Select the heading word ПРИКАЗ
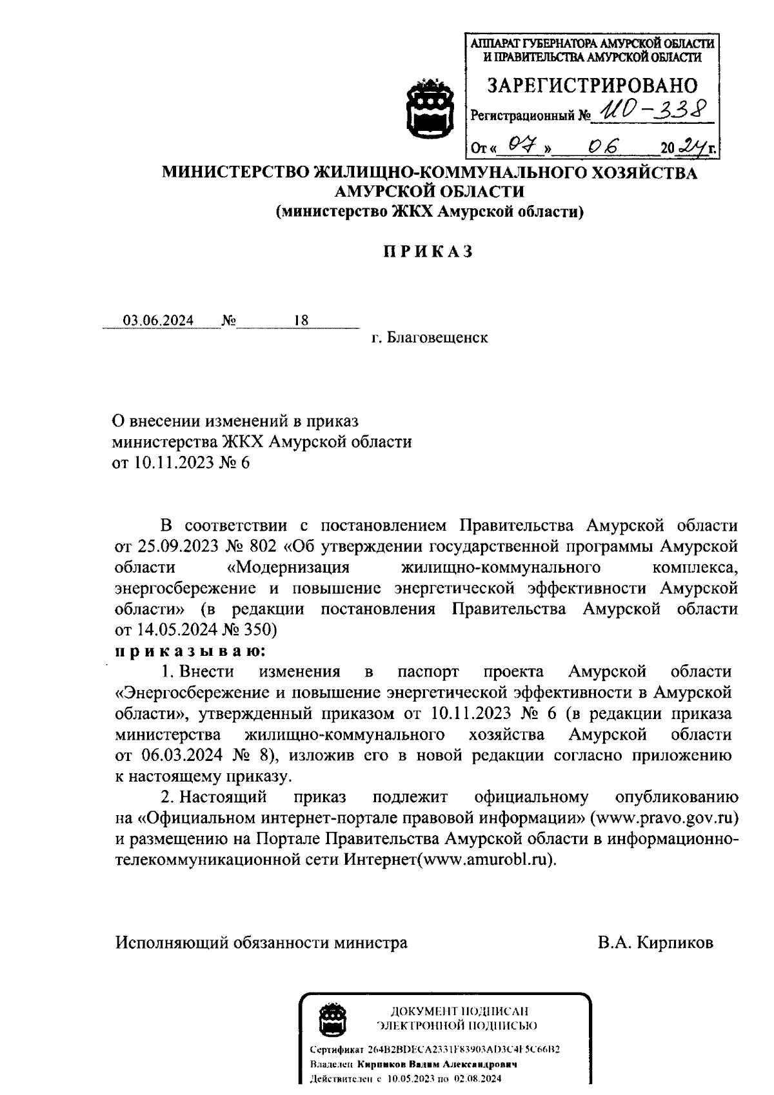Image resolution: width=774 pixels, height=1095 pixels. [429, 252]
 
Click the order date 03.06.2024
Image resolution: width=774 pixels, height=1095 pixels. [159, 321]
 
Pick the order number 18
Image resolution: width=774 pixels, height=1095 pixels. [301, 321]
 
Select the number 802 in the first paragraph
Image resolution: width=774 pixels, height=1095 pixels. [265, 547]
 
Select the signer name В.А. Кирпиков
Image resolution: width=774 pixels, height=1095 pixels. [655, 943]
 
